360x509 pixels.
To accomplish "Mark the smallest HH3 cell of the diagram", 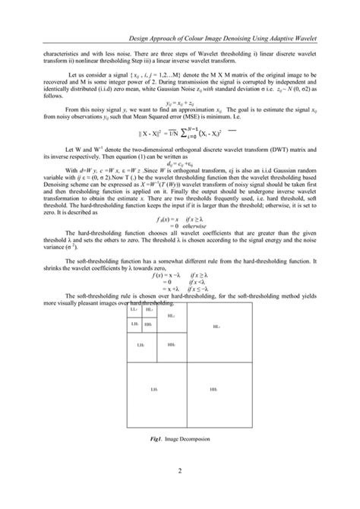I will tap(148, 324).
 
